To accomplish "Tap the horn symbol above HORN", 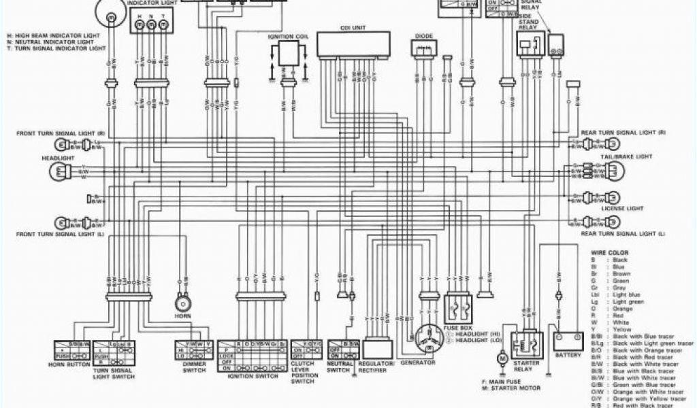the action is [182, 302].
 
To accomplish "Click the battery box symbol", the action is [568, 341].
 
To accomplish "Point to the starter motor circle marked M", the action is [503, 357].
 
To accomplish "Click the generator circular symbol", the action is [427, 337].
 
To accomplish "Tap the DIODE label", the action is [422, 34].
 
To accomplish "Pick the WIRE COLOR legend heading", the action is [609, 252].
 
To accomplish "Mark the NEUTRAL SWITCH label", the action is [339, 367].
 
